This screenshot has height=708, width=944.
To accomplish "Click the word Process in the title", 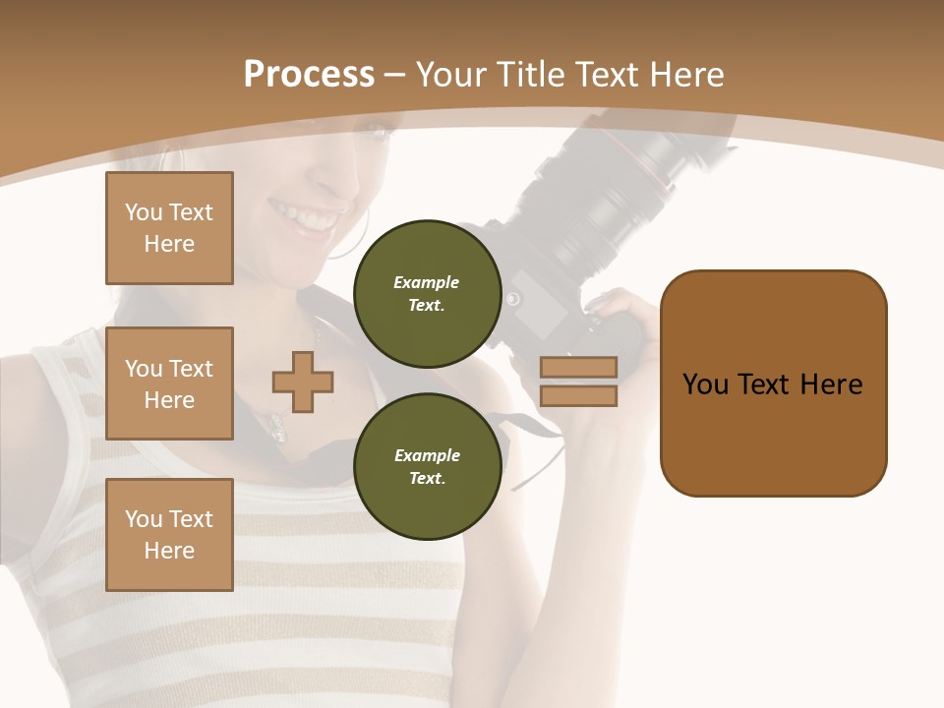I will click(309, 75).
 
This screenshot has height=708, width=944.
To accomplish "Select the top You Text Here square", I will click(169, 228).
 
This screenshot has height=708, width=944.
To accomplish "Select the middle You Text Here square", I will click(169, 383).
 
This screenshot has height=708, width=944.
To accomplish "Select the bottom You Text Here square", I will click(169, 534).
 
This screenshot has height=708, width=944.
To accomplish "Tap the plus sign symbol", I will click(303, 382).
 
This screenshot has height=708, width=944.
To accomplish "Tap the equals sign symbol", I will click(578, 382).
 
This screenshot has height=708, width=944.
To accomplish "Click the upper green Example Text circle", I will click(427, 294).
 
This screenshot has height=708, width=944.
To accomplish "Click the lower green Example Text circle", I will click(427, 467).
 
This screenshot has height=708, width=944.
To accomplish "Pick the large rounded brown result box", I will click(773, 383).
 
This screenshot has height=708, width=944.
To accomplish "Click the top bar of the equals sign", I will click(578, 368).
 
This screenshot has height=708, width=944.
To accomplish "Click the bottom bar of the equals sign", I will click(578, 395).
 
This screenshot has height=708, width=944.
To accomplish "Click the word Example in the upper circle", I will click(427, 282).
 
